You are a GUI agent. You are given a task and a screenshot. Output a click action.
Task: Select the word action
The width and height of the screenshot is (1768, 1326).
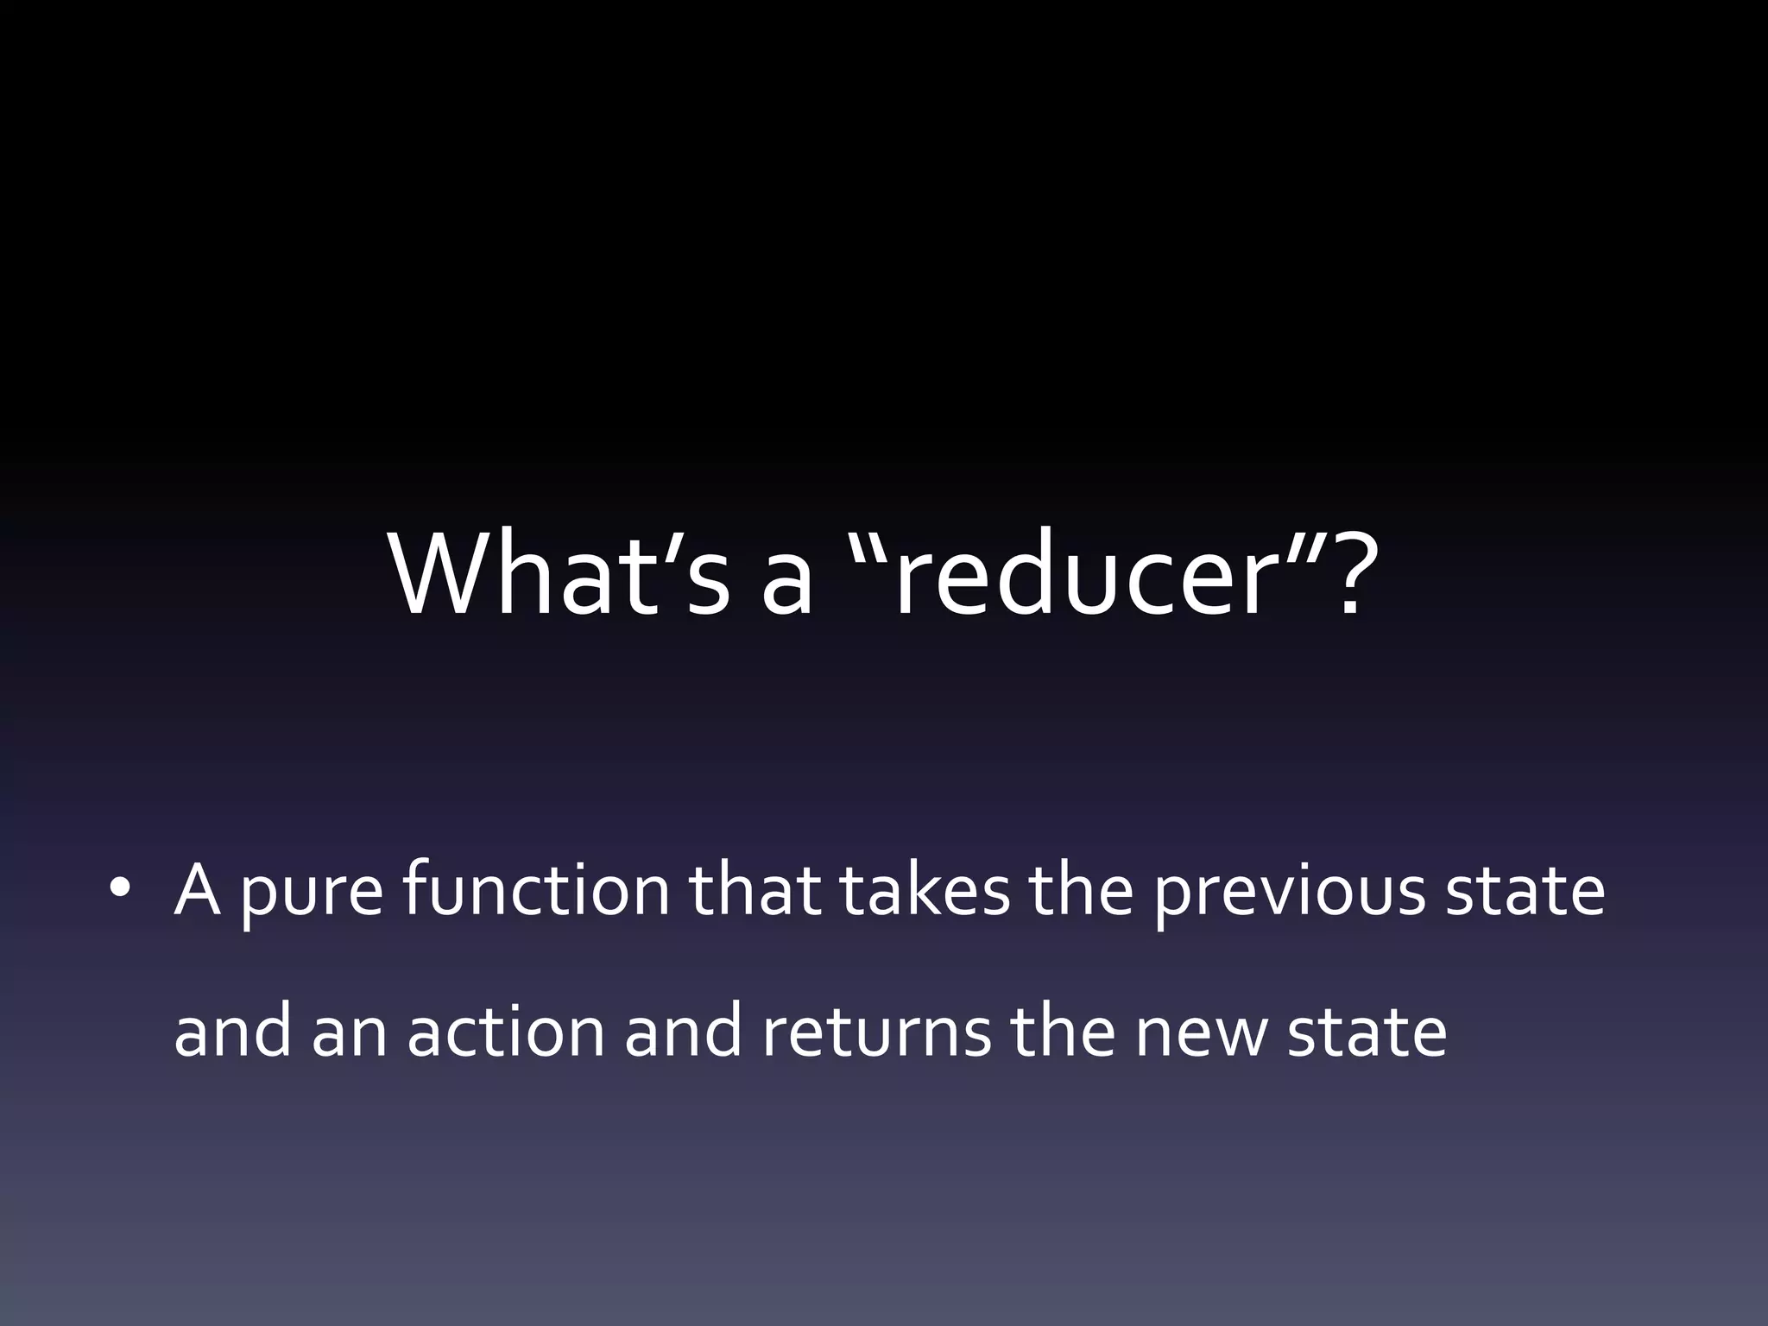[506, 1032]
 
